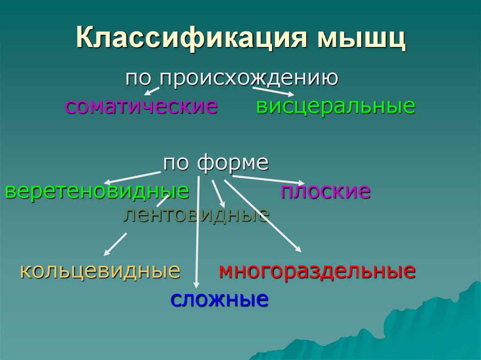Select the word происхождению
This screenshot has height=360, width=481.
[248, 78]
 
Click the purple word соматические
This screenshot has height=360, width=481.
[141, 106]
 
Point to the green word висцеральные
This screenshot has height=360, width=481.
[335, 106]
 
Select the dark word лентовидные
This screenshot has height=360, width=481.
[196, 214]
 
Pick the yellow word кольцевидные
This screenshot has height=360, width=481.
[100, 270]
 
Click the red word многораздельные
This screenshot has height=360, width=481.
[317, 271]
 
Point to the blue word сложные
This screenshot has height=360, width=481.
[219, 299]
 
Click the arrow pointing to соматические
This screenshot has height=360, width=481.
[151, 90]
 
